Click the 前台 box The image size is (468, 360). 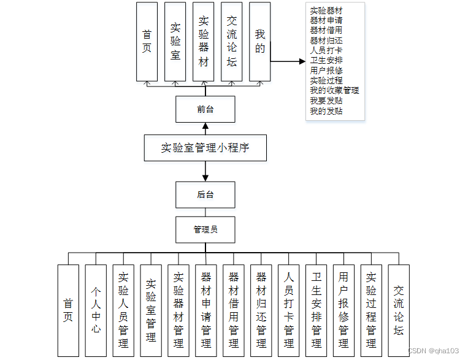pos(205,109)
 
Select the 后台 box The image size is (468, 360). pos(205,194)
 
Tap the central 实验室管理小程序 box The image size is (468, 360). pos(205,148)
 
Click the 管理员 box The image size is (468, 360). pos(205,229)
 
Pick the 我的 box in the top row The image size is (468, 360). pos(260,42)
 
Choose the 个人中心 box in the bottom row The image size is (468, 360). pos(96,310)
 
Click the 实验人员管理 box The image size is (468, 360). pos(123,310)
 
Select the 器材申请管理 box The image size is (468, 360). pos(206,310)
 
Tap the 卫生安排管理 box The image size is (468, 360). pos(316,310)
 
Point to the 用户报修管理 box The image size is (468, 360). pos(343,310)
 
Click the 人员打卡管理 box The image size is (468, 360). pos(288,310)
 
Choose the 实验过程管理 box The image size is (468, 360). pos(371,310)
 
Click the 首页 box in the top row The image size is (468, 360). pos(147,42)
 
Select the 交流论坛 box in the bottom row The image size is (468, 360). pos(399,310)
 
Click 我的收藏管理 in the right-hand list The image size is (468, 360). pos(334,90)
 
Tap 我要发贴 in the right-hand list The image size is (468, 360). pos(326,101)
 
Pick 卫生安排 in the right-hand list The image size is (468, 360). pos(326,60)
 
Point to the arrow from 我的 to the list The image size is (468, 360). pos(287,61)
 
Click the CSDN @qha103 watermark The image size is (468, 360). pos(433,350)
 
